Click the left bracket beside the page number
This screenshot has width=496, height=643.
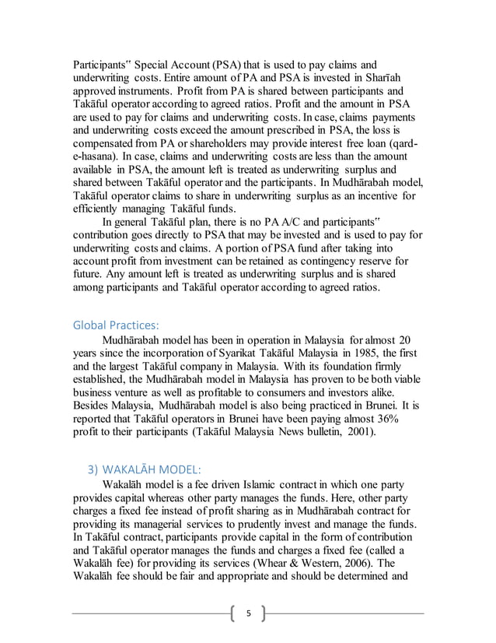click(x=234, y=613)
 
